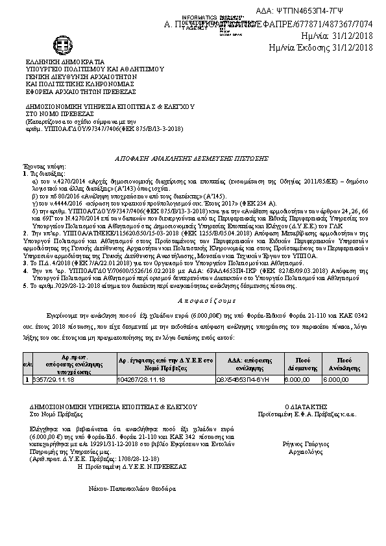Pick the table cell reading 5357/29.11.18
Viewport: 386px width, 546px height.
[53, 380]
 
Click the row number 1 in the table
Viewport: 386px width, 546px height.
[27, 380]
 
